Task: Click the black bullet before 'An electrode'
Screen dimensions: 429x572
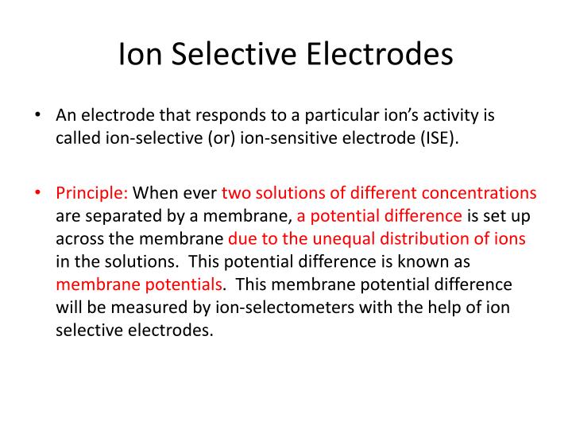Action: [38, 115]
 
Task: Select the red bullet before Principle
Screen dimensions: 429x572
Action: [38, 192]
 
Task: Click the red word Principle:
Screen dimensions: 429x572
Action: [91, 193]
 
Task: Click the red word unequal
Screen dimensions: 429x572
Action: [343, 238]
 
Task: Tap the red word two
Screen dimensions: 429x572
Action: [235, 193]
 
